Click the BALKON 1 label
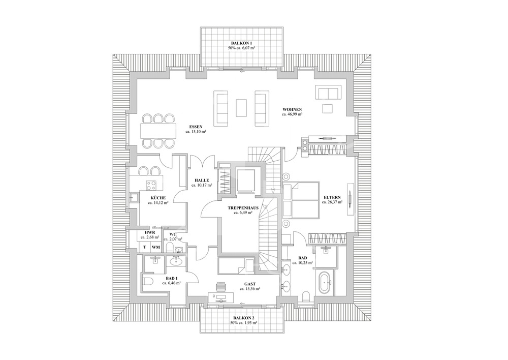(x=242, y=43)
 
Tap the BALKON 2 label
(x=242, y=318)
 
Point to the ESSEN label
(x=196, y=126)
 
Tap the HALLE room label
(x=201, y=180)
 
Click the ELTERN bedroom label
(x=332, y=197)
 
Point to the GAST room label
(x=249, y=284)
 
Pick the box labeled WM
(x=155, y=247)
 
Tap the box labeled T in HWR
(x=144, y=247)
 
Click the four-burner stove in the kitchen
(x=151, y=185)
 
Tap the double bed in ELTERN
(x=300, y=200)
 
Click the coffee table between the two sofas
(x=241, y=106)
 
